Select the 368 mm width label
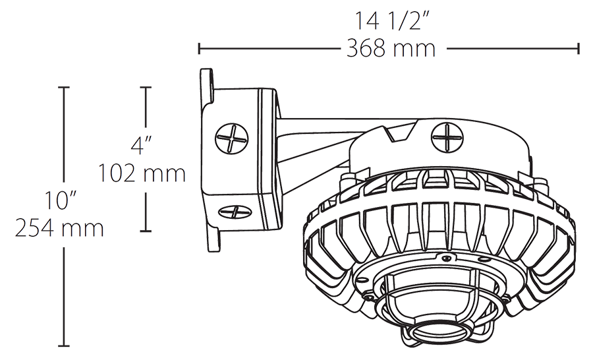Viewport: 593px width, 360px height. [391, 48]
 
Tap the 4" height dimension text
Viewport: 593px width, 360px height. [141, 144]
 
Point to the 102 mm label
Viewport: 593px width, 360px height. [141, 173]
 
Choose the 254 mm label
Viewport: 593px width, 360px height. [60, 228]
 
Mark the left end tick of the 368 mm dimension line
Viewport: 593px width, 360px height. [200, 48]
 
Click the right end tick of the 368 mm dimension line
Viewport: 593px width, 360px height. [579, 48]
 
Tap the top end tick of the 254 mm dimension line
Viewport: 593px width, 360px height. [64, 87]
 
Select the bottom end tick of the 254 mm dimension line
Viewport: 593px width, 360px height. [64, 345]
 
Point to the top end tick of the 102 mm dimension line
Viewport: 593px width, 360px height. [146, 87]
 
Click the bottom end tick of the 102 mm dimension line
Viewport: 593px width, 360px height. [146, 231]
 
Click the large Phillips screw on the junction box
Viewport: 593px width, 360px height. [233, 139]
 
